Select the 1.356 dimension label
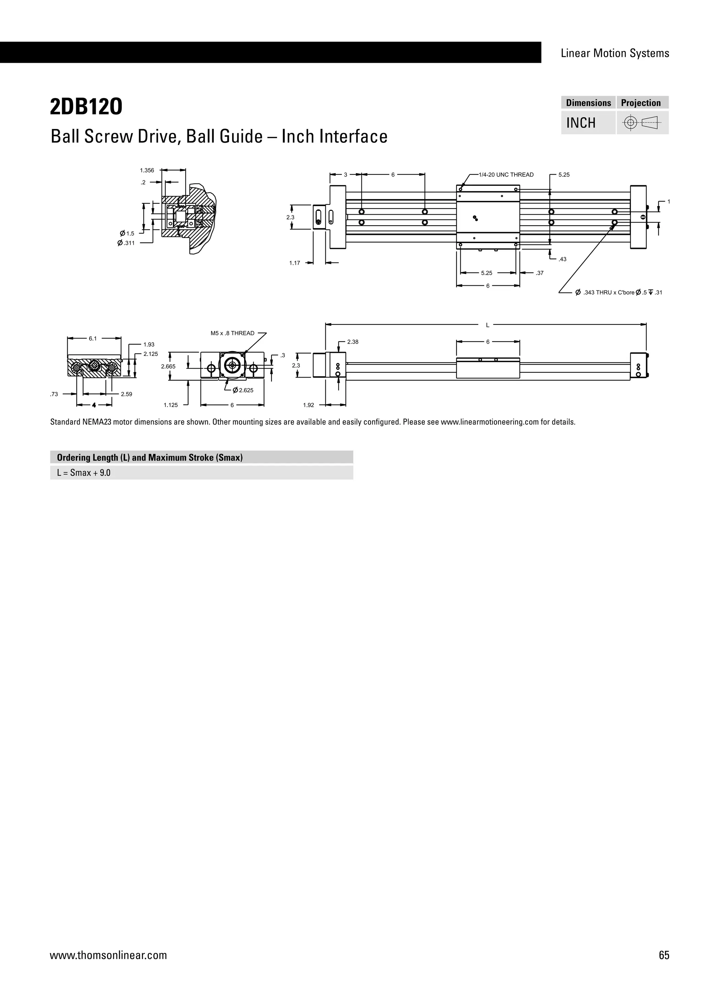[147, 170]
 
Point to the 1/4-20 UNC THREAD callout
[506, 175]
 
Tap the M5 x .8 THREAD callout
[232, 333]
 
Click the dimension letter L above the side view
[487, 325]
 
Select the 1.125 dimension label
[171, 405]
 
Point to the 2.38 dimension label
[353, 342]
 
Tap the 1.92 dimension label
[308, 405]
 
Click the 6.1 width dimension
[93, 339]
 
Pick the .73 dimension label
[54, 394]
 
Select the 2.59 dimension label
[126, 394]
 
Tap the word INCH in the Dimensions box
[581, 123]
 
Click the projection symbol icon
[642, 123]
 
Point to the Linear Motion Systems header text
[615, 53]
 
